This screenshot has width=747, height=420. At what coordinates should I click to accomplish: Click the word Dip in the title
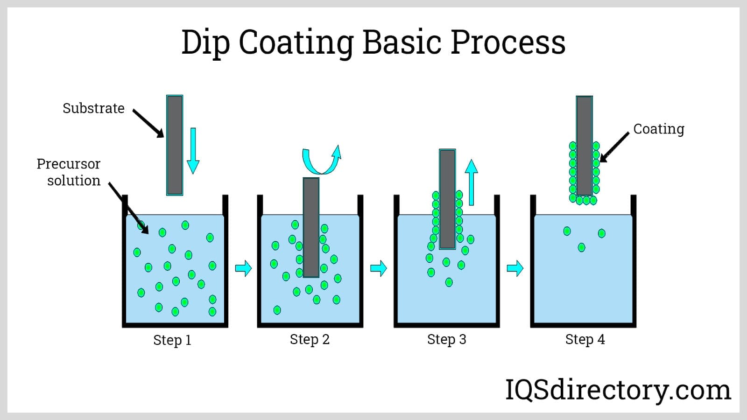click(x=205, y=43)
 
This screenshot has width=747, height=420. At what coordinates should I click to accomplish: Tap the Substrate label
click(x=93, y=108)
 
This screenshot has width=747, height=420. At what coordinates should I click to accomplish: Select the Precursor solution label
click(x=69, y=172)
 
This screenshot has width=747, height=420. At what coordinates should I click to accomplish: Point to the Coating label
click(x=658, y=129)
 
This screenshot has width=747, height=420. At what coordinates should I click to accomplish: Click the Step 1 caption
click(x=172, y=340)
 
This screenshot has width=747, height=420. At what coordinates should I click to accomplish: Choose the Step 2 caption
click(x=310, y=339)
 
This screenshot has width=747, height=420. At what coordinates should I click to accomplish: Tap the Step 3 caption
click(x=446, y=339)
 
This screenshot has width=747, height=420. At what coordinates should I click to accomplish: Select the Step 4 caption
click(x=585, y=339)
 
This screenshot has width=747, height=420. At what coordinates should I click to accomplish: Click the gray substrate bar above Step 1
click(x=175, y=145)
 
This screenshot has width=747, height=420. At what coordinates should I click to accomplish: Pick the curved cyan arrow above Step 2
click(x=322, y=161)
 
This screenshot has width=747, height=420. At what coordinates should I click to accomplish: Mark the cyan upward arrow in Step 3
click(x=472, y=182)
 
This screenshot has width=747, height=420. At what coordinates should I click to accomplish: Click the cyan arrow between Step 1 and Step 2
click(x=243, y=268)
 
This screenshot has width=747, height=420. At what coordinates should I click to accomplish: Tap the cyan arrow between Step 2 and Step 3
click(x=379, y=268)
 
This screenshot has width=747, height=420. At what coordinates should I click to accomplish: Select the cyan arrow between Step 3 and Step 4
click(x=515, y=268)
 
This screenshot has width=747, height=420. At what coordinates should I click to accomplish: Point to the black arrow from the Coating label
click(x=614, y=147)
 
